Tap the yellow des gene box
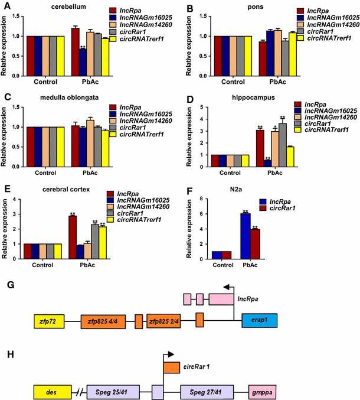pyautogui.click(x=50, y=391)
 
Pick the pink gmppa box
pyautogui.click(x=262, y=391)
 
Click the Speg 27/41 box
pyautogui.click(x=206, y=391)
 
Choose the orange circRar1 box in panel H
pyautogui.click(x=171, y=367)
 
